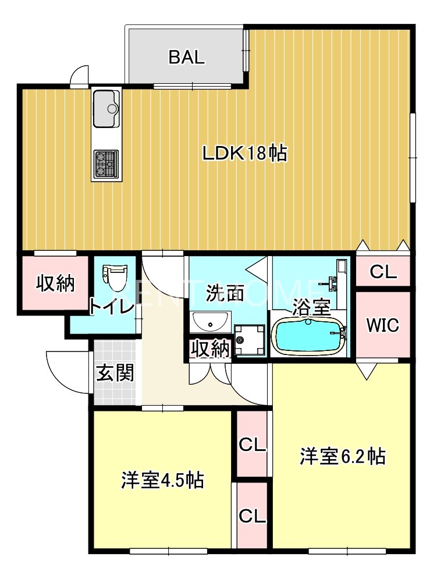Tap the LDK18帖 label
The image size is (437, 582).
[244, 153]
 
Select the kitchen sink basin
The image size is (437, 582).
[105, 108]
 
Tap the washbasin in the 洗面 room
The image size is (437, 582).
[209, 321]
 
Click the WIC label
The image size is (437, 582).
[382, 325]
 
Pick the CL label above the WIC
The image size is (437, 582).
[383, 272]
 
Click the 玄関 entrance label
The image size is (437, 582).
[115, 372]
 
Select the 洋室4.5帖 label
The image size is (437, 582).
[162, 481]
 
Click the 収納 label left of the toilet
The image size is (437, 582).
[56, 283]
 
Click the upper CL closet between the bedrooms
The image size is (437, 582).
[252, 445]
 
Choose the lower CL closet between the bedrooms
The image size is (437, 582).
[252, 516]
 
